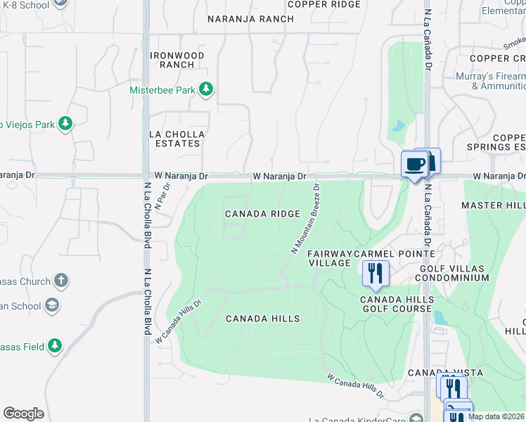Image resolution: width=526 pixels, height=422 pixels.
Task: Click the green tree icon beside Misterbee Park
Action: (x=205, y=89)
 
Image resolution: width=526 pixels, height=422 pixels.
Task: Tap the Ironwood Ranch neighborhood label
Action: (x=177, y=60)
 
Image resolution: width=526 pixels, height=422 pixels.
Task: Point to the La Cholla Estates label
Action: (x=177, y=139)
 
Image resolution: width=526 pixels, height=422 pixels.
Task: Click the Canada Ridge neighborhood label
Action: (x=262, y=213)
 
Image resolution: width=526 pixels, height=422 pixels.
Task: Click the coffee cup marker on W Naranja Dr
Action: (x=414, y=165)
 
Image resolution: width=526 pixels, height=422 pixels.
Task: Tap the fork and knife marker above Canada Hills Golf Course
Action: (x=376, y=273)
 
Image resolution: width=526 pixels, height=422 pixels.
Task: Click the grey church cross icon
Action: (x=60, y=281)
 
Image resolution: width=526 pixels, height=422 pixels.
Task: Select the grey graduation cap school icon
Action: (x=51, y=305)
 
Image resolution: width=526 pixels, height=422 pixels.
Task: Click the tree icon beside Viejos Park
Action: (x=65, y=124)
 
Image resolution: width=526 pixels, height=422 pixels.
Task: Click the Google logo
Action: (x=23, y=414)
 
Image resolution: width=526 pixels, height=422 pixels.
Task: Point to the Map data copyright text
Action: (x=496, y=416)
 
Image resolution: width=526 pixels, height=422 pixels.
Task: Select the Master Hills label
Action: (x=492, y=205)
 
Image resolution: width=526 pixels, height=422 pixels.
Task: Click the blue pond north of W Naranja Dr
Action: (x=399, y=127)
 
